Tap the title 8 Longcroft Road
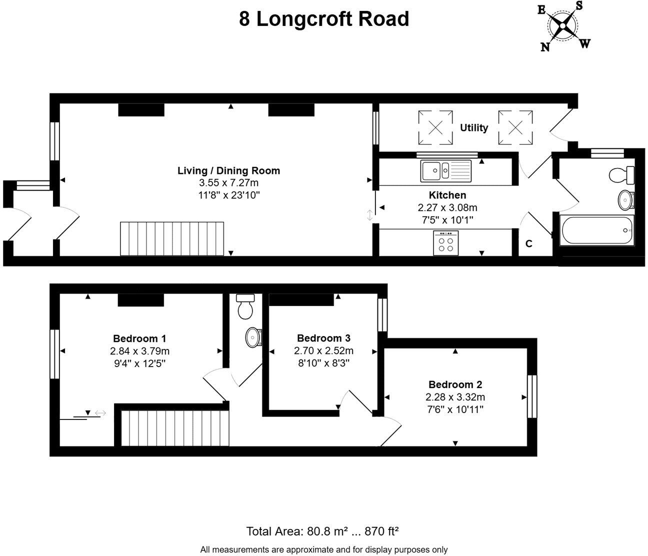coord(324,19)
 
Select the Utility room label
coord(473,127)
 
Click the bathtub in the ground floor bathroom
coord(597,230)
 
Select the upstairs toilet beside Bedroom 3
coord(245,306)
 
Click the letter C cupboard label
coord(528,244)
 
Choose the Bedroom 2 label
coord(455,384)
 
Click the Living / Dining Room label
coord(228,170)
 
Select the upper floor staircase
coord(174,427)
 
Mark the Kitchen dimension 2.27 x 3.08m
coord(447,207)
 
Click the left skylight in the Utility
coord(435,127)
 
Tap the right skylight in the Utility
coord(515,127)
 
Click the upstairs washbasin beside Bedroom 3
coord(253,337)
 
